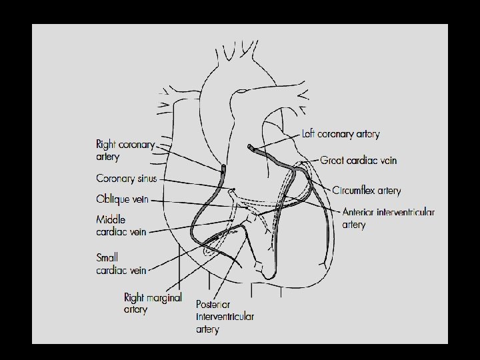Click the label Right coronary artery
[x=125, y=150]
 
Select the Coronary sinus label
[x=127, y=179]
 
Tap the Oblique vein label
[x=122, y=199]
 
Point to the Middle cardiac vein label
[x=121, y=225]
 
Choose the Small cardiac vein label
[x=121, y=264]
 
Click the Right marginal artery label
[x=153, y=303]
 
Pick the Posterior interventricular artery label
[x=225, y=317]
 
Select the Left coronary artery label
[x=341, y=134]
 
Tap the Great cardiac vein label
[x=358, y=161]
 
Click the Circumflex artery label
[x=366, y=191]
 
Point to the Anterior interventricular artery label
[x=388, y=218]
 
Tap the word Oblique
[x=113, y=199]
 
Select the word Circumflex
[x=354, y=191]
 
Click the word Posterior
[x=213, y=304]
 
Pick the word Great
[x=332, y=161]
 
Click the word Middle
[x=111, y=219]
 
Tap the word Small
[x=107, y=258]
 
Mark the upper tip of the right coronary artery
[x=224, y=167]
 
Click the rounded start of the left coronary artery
[x=249, y=147]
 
